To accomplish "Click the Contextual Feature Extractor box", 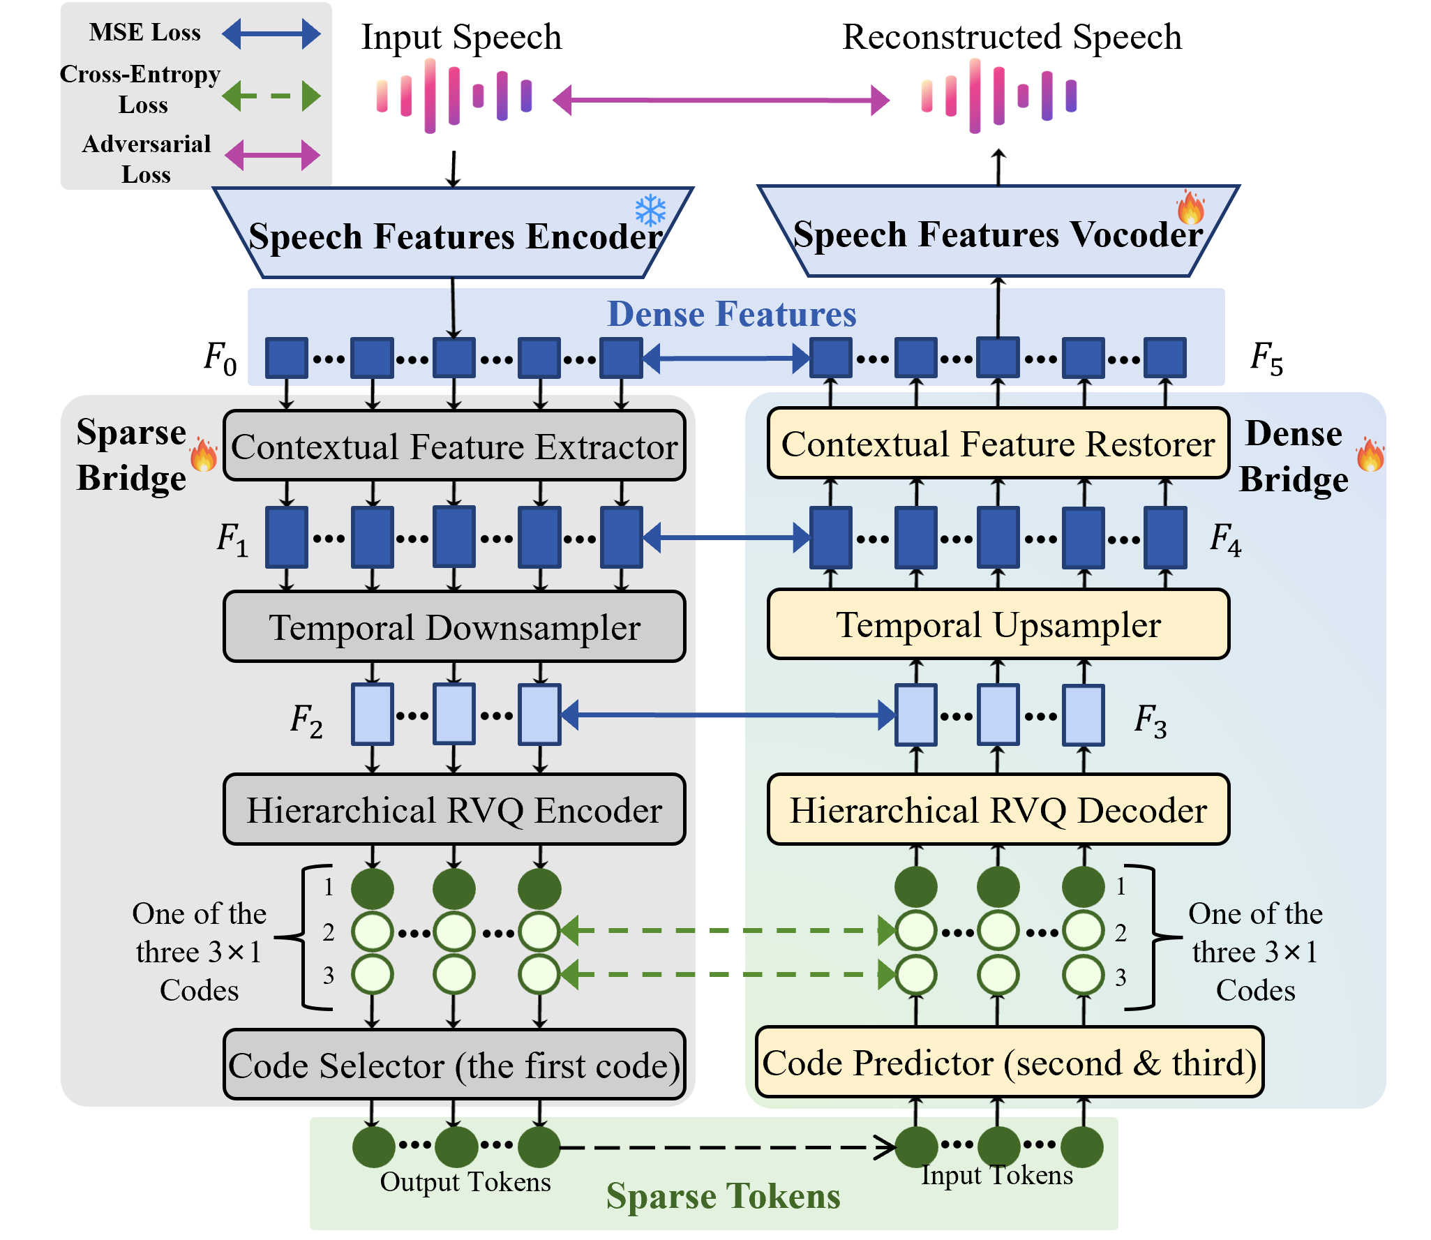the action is [454, 446].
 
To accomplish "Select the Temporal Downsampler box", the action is [454, 627].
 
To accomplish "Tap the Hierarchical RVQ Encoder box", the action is [454, 809].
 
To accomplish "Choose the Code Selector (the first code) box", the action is [454, 1065].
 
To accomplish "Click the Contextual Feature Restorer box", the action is [998, 443].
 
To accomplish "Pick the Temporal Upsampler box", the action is [998, 624].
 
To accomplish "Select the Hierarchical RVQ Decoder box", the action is [998, 809].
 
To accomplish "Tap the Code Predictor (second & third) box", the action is [1010, 1062].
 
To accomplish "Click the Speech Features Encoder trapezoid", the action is [454, 233].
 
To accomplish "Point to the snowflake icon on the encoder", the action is [650, 209].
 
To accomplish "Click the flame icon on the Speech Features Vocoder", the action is [1190, 207].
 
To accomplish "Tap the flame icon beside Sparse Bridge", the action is [204, 455].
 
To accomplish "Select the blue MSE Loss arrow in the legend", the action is [271, 33].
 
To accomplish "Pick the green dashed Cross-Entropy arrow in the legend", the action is [271, 96].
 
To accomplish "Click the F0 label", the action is [220, 359].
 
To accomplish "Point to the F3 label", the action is [1151, 720].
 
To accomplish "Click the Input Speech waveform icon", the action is [454, 96].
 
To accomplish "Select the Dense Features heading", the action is [732, 314].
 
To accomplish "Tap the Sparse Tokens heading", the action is [724, 1196].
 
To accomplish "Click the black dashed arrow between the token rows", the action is [728, 1147].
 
